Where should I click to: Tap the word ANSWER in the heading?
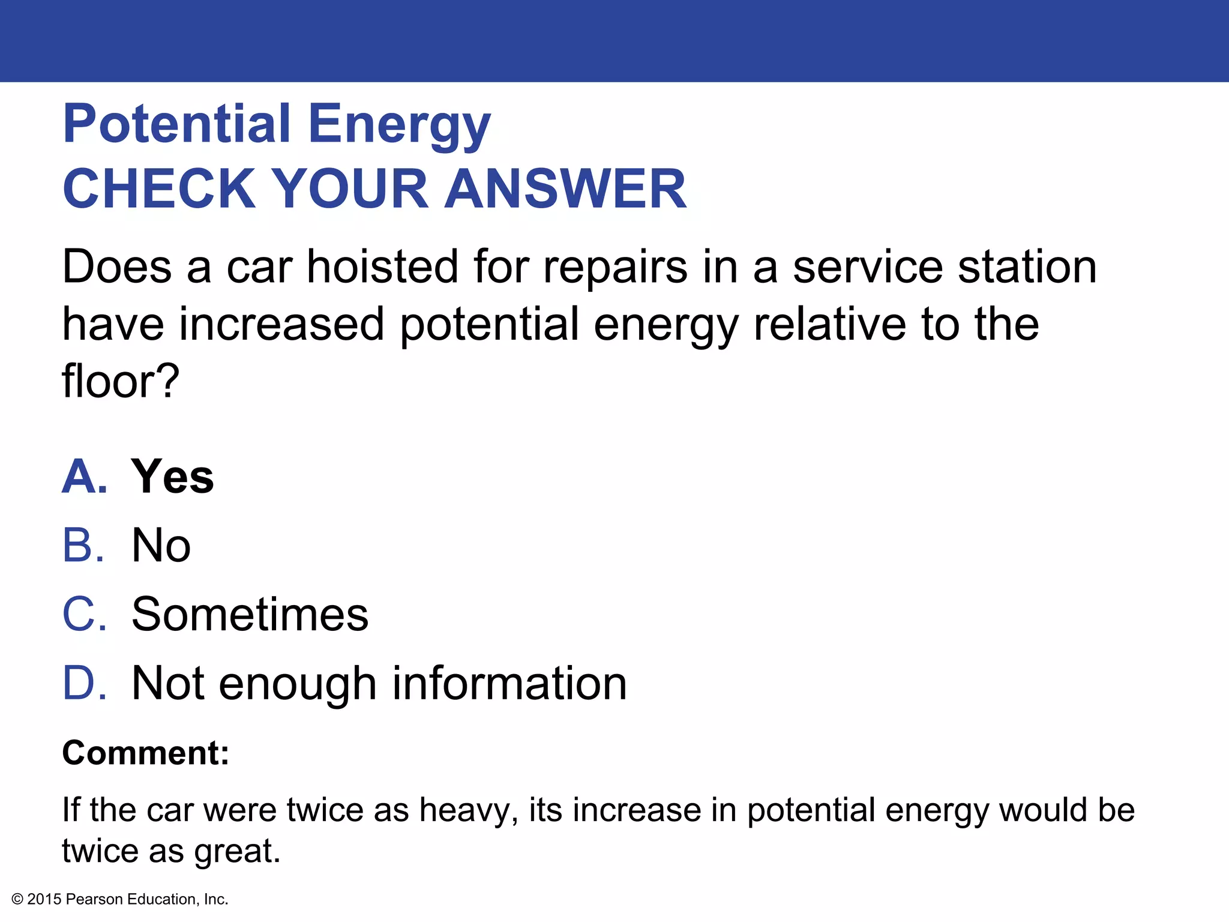click(x=565, y=189)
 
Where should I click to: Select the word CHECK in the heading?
click(x=160, y=189)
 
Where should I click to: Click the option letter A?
click(x=84, y=477)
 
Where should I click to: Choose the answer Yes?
click(x=172, y=477)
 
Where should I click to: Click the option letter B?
click(x=83, y=546)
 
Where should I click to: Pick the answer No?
click(x=161, y=546)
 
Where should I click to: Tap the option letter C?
click(x=84, y=614)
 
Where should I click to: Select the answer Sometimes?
click(x=250, y=614)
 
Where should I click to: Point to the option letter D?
click(x=84, y=683)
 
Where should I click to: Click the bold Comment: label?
click(x=146, y=753)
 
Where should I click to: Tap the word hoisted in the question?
click(x=382, y=267)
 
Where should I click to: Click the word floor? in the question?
click(x=121, y=382)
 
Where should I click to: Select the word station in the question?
click(x=1027, y=267)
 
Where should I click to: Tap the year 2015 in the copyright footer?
click(x=44, y=899)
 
